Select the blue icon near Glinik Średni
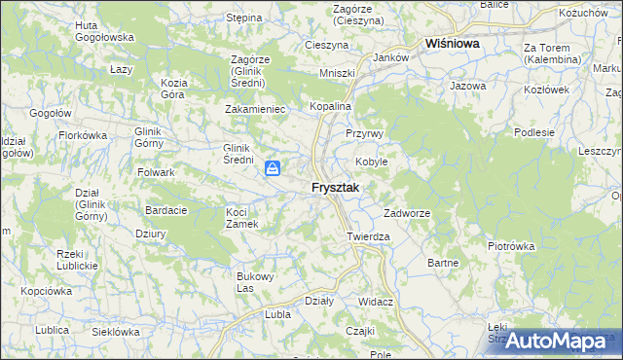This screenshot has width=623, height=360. click(274, 170)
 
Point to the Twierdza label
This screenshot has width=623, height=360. click(368, 236)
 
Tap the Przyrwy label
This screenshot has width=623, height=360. click(365, 133)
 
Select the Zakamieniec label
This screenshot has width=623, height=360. click(255, 109)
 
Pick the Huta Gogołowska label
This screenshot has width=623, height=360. click(104, 30)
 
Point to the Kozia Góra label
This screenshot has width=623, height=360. click(173, 89)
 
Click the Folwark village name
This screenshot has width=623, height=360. click(156, 172)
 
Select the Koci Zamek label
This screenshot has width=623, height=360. click(241, 218)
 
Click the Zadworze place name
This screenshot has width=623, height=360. click(407, 213)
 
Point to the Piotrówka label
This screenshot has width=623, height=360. click(511, 246)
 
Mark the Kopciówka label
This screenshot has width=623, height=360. click(46, 291)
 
